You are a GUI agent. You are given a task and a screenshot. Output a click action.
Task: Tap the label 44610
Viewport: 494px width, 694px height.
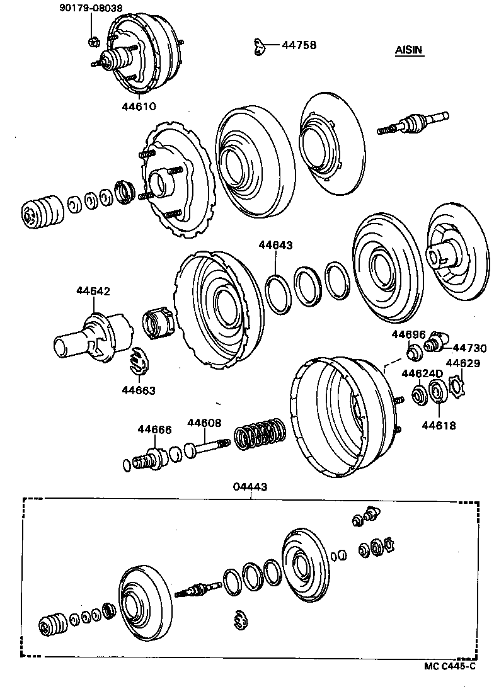(139, 106)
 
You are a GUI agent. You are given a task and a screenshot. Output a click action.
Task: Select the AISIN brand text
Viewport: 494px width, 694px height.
(410, 50)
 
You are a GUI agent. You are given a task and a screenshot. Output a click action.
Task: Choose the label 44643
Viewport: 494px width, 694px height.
(275, 244)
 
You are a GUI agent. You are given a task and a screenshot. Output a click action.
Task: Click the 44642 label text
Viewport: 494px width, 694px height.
(93, 291)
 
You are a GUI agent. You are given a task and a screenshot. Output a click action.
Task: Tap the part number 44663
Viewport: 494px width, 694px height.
(139, 390)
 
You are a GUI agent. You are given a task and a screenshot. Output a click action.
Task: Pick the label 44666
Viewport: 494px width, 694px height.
(154, 429)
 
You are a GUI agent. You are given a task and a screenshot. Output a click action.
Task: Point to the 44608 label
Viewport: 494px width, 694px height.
(204, 423)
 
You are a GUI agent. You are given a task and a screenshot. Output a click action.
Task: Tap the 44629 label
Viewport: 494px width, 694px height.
(463, 363)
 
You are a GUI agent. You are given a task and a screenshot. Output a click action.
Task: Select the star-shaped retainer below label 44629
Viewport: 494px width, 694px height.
(456, 385)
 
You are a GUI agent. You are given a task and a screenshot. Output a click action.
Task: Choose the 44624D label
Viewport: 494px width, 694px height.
(422, 374)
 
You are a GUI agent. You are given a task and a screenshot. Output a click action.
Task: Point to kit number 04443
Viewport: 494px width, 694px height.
(250, 486)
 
